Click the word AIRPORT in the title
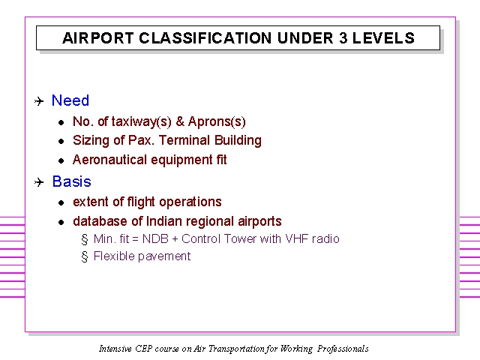tap(98, 38)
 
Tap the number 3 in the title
tap(343, 38)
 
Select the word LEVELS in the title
tap(383, 38)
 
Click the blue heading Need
tap(70, 100)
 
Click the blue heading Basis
tap(72, 181)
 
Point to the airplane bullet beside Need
tap(39, 101)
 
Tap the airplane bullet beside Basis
tap(39, 182)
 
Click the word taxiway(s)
tap(141, 121)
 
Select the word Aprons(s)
tap(217, 121)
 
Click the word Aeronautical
tap(109, 160)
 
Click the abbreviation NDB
tap(155, 238)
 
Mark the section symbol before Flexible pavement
tap(85, 256)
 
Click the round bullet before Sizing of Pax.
tap(61, 142)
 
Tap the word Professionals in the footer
tap(343, 349)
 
